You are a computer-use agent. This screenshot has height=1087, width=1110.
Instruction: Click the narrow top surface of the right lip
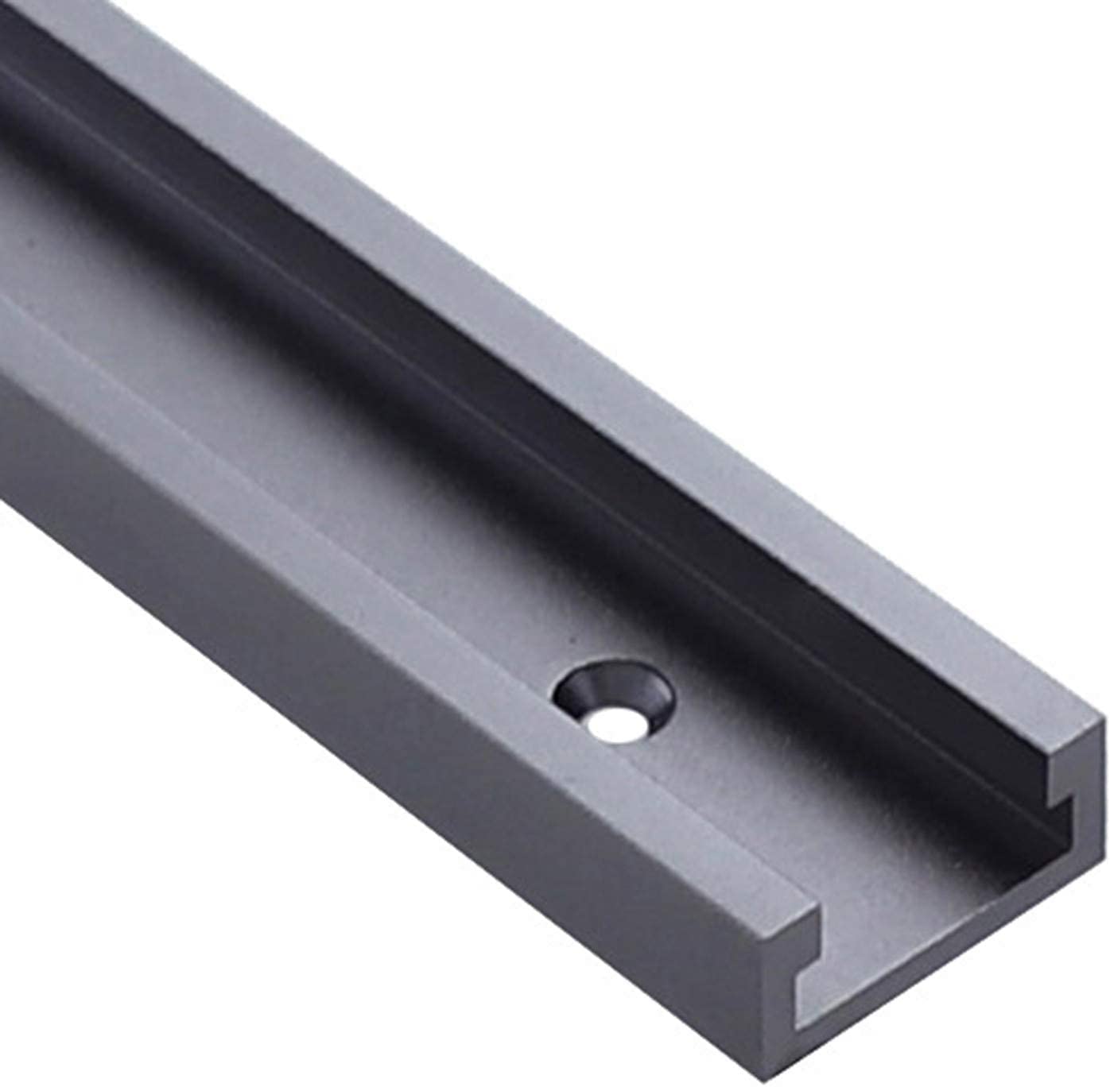(x=795, y=477)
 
